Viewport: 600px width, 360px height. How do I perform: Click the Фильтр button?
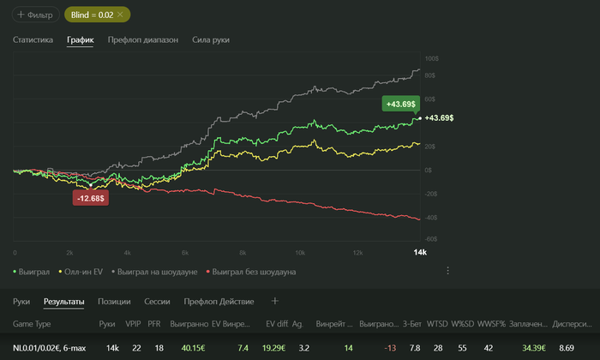coord(34,15)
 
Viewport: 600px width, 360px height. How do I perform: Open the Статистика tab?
coord(33,39)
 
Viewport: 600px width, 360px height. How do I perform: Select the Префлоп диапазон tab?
coord(143,39)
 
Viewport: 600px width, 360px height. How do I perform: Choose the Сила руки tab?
coord(211,39)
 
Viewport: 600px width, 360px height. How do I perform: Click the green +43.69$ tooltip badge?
coord(400,104)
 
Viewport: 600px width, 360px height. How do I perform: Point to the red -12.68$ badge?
coord(91,198)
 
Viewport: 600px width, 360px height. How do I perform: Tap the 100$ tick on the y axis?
coord(430,59)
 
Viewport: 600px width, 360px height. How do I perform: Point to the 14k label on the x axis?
coord(420,252)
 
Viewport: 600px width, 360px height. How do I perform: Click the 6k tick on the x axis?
coord(184,252)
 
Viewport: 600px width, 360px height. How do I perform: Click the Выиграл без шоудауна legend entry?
coord(254,272)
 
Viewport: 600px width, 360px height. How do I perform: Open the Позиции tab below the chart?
coord(114,302)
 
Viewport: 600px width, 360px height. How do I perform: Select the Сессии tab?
coord(156,302)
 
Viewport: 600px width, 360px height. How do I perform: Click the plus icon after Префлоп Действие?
coord(275,302)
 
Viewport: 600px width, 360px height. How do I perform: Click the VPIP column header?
coord(133,325)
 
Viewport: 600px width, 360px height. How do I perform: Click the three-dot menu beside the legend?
coord(447,271)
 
